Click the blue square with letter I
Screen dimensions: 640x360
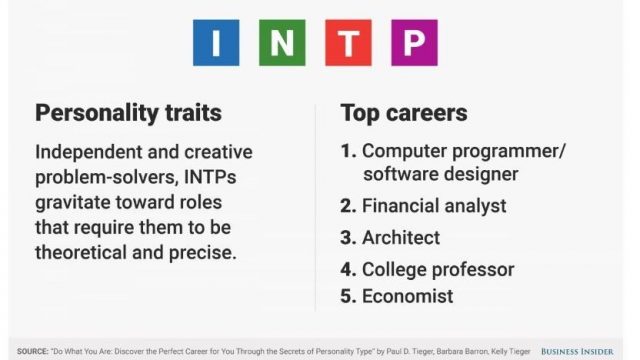216,42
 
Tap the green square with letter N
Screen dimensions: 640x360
282,42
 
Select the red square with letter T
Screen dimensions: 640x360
348,42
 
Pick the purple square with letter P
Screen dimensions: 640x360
414,42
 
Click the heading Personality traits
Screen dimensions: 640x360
128,113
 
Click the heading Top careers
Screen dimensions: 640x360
404,113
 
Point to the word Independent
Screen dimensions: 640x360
88,153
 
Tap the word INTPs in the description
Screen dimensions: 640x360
210,177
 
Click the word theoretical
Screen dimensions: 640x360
81,252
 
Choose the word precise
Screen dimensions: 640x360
202,253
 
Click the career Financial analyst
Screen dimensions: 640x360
434,206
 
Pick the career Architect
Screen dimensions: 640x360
401,238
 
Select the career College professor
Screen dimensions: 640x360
438,270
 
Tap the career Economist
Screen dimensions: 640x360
407,296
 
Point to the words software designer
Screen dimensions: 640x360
441,174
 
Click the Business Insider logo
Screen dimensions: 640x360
577,351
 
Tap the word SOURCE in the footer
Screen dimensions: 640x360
33,351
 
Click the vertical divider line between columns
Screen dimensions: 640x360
315,207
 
